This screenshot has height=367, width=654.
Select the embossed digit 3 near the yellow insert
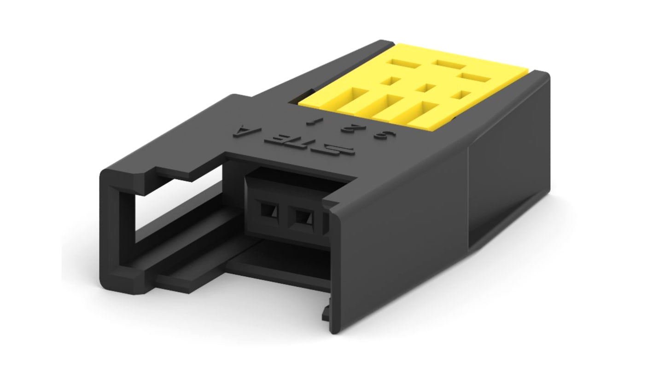click(380, 136)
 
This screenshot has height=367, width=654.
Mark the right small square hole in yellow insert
click(459, 95)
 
